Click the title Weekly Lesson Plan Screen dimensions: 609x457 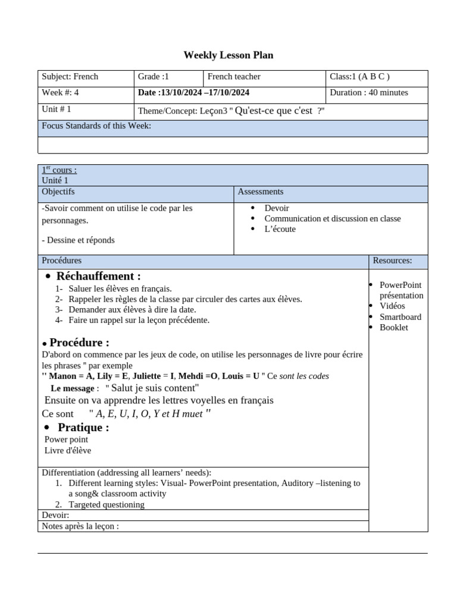[x=228, y=55]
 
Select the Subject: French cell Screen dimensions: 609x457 [x=70, y=77]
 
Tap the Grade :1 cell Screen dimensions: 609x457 [x=154, y=77]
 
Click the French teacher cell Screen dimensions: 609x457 [x=234, y=77]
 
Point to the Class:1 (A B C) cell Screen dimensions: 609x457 [x=359, y=77]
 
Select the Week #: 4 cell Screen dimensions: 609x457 [x=60, y=93]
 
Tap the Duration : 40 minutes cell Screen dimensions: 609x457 [x=369, y=93]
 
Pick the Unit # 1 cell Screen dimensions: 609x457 [x=57, y=109]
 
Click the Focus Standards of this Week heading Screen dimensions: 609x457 [x=96, y=126]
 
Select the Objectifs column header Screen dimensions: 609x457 [x=58, y=192]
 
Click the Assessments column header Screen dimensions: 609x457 [x=261, y=192]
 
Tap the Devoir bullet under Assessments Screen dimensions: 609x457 [x=277, y=208]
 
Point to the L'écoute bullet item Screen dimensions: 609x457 [x=280, y=229]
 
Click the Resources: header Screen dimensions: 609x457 [x=392, y=260]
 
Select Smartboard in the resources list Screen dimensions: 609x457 [x=400, y=317]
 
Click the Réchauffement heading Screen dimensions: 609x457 [x=99, y=277]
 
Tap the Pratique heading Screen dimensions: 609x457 [x=83, y=428]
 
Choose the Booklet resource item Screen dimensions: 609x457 [x=394, y=328]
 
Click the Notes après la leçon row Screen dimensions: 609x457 [x=80, y=526]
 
